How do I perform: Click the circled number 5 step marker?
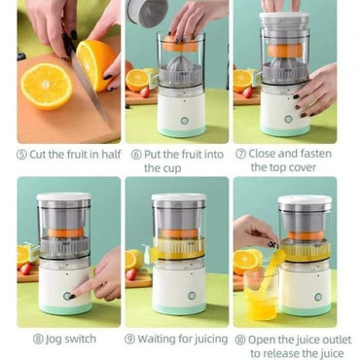[x=21, y=155]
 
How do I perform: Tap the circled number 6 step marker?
[x=136, y=155]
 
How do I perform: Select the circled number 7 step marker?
[x=240, y=154]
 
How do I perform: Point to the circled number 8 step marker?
[x=38, y=340]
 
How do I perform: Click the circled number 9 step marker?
[x=129, y=340]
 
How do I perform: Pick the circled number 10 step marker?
[x=240, y=341]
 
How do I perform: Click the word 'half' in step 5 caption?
[x=111, y=154]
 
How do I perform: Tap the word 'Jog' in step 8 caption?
[x=54, y=340]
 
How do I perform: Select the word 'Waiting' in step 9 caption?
[x=158, y=340]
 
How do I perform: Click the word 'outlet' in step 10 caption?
[x=337, y=340]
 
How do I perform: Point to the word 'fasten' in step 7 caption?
[x=316, y=154]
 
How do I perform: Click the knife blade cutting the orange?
[x=89, y=86]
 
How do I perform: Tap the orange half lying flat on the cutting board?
[x=47, y=86]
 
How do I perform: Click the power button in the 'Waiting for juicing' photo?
[x=192, y=296]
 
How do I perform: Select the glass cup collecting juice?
[x=261, y=294]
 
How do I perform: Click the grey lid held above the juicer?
[x=147, y=13]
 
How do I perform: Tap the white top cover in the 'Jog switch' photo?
[x=63, y=197]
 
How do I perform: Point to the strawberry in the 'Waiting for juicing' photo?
[x=131, y=274]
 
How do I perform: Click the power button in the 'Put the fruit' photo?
[x=185, y=121]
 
